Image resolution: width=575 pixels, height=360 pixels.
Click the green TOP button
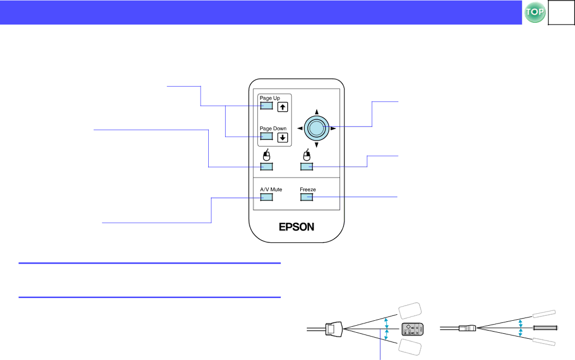535,12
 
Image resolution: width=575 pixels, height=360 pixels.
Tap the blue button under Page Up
267,106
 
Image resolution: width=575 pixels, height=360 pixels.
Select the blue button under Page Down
267,136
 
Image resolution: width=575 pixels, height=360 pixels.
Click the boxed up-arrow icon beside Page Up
283,107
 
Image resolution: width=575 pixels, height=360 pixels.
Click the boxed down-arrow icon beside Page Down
283,137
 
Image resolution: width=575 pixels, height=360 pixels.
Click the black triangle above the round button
317,112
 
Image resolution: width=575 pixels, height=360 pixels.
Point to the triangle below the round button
317,145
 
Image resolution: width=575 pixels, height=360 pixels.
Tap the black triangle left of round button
300,129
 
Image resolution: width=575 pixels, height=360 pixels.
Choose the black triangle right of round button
334,129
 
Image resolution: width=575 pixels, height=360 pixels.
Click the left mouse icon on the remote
267,155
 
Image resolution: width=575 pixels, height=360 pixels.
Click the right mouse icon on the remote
306,155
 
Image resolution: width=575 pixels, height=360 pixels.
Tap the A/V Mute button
267,197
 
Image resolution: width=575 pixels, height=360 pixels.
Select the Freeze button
306,197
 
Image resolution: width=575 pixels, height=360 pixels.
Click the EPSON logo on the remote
296,227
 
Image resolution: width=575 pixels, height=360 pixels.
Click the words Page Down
273,129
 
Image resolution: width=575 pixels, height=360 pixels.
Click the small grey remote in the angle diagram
413,329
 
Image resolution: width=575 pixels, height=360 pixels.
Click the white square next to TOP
561,13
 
